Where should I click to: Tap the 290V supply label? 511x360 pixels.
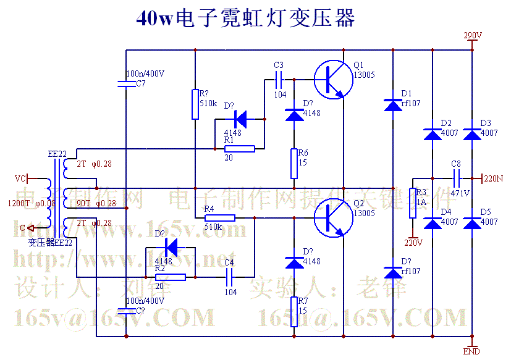[x=473, y=36]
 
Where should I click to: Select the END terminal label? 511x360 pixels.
[x=472, y=351]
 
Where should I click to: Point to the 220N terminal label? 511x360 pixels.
[x=492, y=178]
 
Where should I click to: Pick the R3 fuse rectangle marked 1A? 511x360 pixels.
[x=413, y=203]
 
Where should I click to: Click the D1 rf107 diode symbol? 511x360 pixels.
[x=393, y=105]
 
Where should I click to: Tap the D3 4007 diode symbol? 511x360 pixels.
[x=472, y=133]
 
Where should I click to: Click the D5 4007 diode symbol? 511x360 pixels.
[x=472, y=223]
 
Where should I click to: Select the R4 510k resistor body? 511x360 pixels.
[x=220, y=217]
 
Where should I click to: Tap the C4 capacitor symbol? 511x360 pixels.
[x=230, y=277]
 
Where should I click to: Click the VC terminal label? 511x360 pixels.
[x=20, y=178]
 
